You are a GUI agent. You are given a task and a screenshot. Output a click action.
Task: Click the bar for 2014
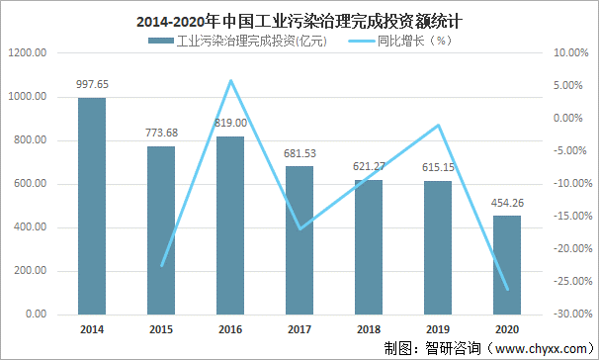pos(92,206)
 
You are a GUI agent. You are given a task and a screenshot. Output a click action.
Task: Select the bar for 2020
pos(507,265)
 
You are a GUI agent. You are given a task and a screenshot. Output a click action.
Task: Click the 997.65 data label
pos(92,86)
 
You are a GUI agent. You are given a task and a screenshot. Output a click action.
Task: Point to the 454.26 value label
pos(507,205)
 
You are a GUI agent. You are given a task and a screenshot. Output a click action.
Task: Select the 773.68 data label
pos(161,135)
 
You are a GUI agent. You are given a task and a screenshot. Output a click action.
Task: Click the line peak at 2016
pos(230,80)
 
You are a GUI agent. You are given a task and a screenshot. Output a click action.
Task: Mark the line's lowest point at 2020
pos(507,290)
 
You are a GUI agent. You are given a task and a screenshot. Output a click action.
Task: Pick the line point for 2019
pos(438,125)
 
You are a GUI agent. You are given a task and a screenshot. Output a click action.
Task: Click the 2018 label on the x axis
pos(369,329)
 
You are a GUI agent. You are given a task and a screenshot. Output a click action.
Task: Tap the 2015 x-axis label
pos(161,329)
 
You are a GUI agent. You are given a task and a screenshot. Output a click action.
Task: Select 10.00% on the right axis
pos(568,53)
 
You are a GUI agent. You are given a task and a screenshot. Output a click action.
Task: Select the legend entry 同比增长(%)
pos(401,41)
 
